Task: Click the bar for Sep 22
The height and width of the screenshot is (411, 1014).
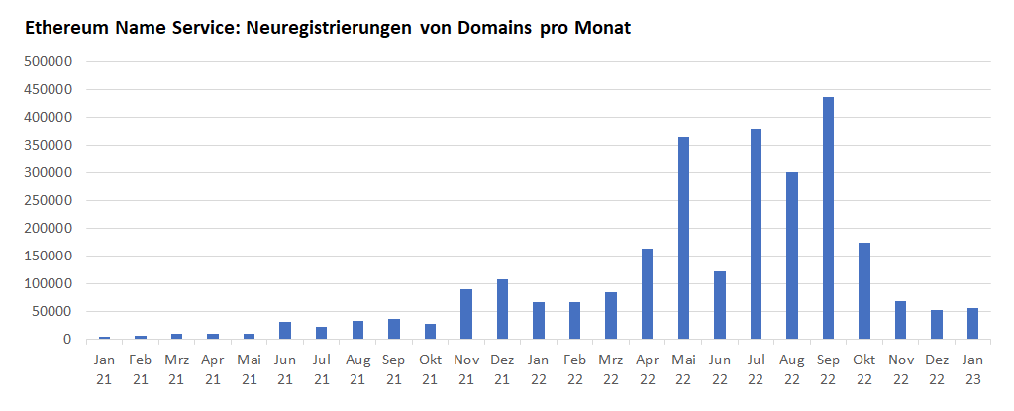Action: pyautogui.click(x=828, y=218)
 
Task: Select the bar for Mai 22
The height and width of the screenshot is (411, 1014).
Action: pyautogui.click(x=683, y=238)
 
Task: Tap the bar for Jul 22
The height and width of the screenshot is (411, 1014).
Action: pyautogui.click(x=756, y=234)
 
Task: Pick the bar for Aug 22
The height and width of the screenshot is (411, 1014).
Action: pyautogui.click(x=792, y=256)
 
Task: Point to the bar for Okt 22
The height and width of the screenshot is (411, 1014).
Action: pyautogui.click(x=864, y=290)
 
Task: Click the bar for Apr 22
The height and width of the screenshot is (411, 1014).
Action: pyautogui.click(x=647, y=293)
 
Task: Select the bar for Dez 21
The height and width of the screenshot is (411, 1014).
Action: pyautogui.click(x=502, y=309)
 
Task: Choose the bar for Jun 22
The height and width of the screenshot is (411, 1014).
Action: pyautogui.click(x=720, y=305)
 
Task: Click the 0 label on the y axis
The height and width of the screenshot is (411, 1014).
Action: pyautogui.click(x=68, y=339)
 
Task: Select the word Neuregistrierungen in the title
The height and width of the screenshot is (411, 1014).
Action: pyautogui.click(x=314, y=28)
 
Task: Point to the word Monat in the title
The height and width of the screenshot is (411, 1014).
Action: pyautogui.click(x=600, y=28)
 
